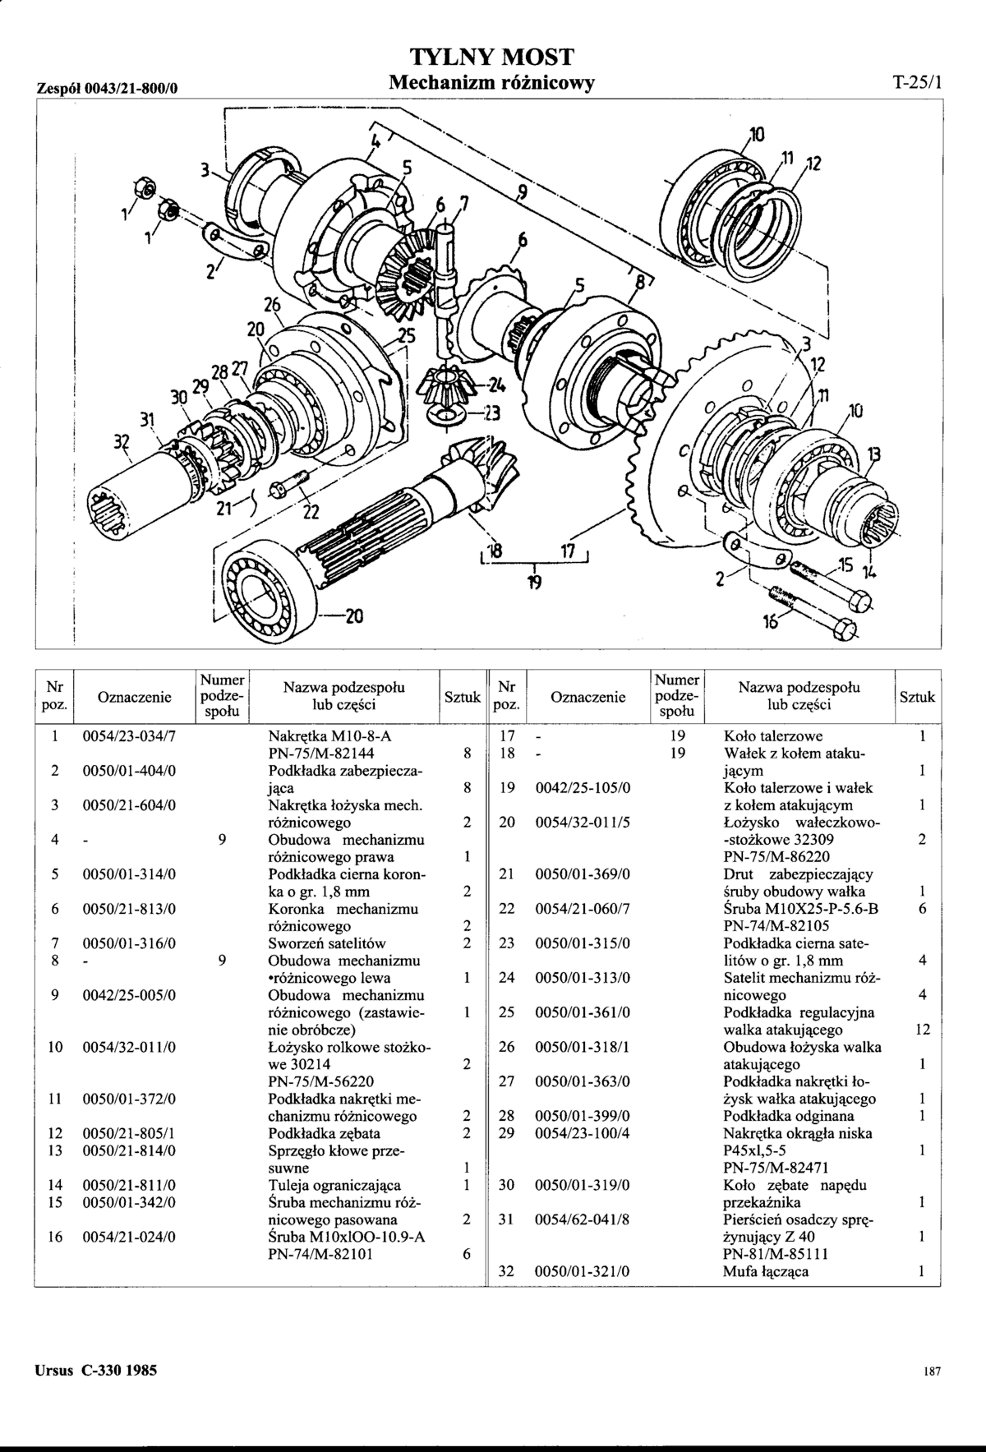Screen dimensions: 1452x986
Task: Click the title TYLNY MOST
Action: pyautogui.click(x=491, y=57)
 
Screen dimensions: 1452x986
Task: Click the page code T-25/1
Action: pyautogui.click(x=917, y=82)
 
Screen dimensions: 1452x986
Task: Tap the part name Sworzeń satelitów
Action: pyautogui.click(x=327, y=943)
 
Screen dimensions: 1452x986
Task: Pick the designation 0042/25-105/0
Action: pyautogui.click(x=582, y=788)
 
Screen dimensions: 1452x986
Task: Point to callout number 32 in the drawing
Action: pyautogui.click(x=122, y=442)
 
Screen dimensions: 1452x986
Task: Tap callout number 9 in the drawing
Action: pyautogui.click(x=519, y=193)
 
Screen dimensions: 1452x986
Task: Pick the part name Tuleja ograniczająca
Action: pyautogui.click(x=334, y=1185)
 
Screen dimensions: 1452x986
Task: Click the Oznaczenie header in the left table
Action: pyautogui.click(x=134, y=698)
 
